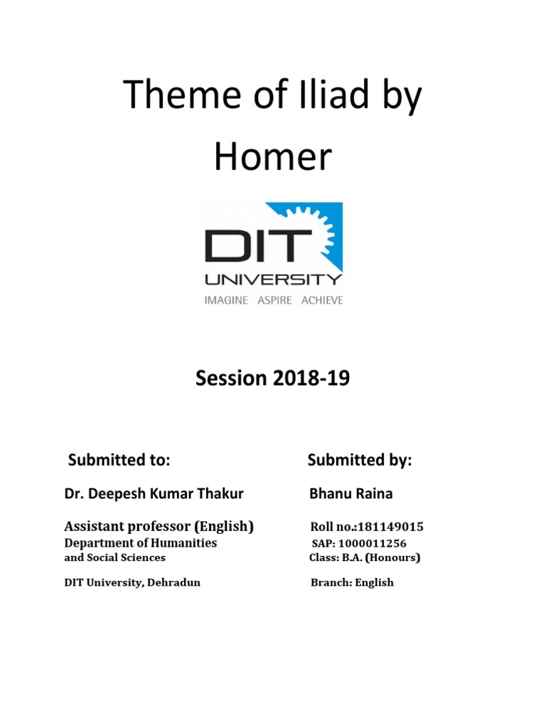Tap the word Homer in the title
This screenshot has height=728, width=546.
[x=273, y=157]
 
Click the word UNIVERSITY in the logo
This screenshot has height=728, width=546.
[x=273, y=279]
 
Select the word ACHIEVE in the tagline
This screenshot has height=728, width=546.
[x=321, y=300]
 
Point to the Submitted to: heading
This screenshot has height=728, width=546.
[x=119, y=460]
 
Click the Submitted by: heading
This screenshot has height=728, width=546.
[x=360, y=460]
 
